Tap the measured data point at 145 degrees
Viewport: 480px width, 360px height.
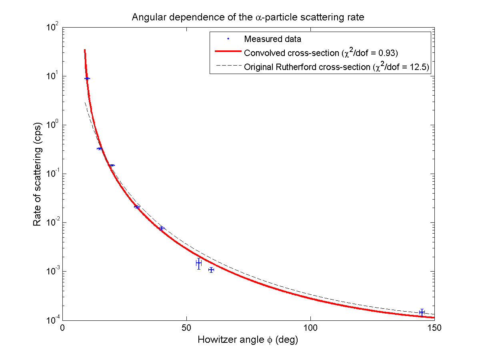point(422,312)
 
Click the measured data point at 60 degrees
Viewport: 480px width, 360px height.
point(211,270)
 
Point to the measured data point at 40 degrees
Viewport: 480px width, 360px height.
point(162,228)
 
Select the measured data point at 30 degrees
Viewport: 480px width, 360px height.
point(137,207)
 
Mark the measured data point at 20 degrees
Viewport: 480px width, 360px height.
point(112,165)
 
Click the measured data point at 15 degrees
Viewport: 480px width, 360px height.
point(100,148)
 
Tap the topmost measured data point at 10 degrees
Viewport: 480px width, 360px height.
point(87,78)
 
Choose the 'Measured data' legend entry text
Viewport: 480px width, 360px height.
point(272,39)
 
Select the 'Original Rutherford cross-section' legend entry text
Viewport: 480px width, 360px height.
point(336,66)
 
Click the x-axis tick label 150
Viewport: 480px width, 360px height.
point(434,328)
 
